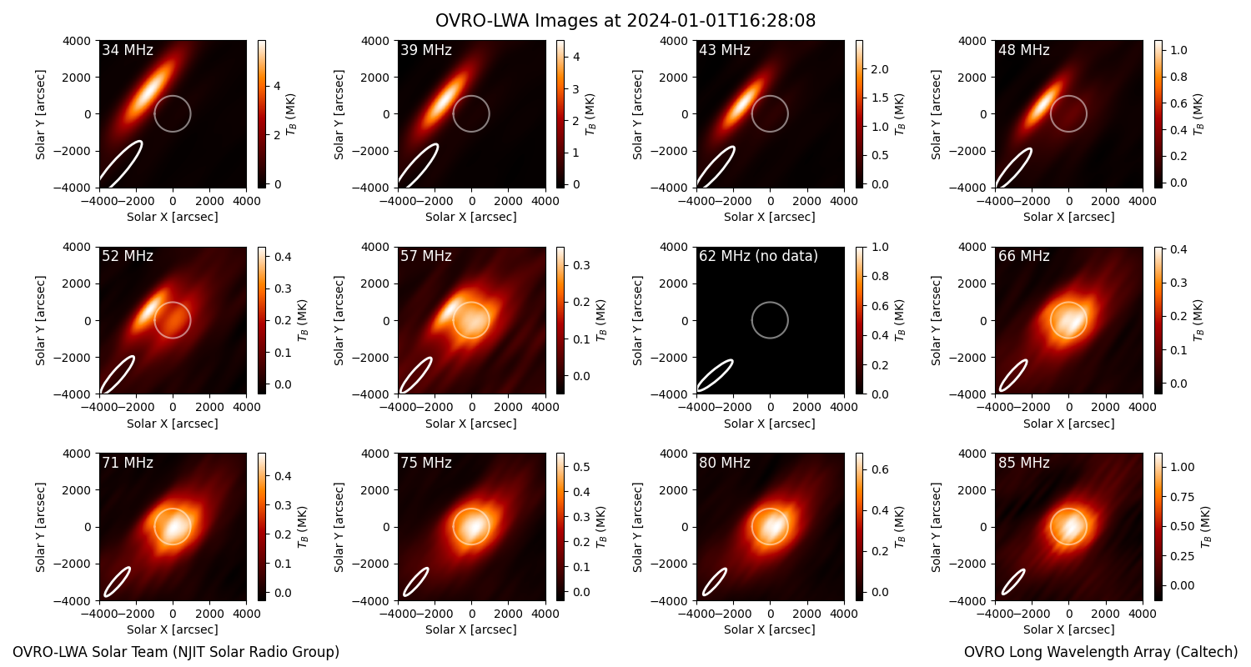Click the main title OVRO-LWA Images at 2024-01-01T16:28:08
(625, 21)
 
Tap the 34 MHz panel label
(128, 50)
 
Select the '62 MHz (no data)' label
(758, 256)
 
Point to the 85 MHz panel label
(1023, 463)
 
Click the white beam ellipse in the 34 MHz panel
(121, 164)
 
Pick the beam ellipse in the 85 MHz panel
(1013, 582)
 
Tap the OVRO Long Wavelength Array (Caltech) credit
(1101, 652)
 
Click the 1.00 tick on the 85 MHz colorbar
(1183, 467)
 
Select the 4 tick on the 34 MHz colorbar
(277, 86)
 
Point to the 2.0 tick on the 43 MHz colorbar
(880, 69)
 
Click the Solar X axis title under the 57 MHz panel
(471, 424)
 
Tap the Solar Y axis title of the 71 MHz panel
(40, 528)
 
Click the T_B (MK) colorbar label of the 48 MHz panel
(1198, 114)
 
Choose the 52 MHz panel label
(128, 256)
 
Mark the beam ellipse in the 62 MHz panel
(716, 376)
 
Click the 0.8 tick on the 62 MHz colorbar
(880, 276)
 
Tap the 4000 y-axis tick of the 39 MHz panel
(375, 41)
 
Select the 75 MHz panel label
(426, 463)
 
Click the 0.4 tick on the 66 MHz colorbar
(1178, 249)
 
